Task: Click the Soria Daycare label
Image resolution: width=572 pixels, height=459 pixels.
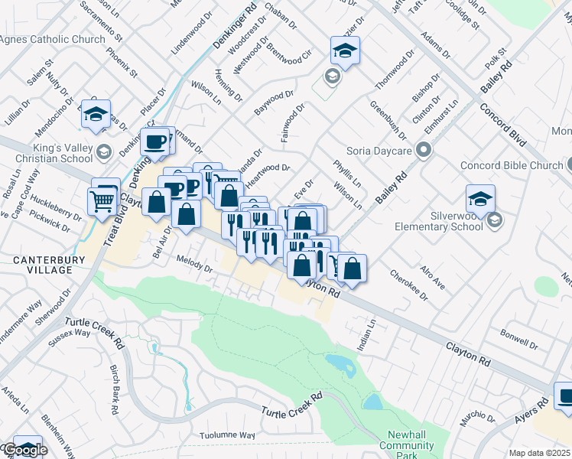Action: (x=379, y=151)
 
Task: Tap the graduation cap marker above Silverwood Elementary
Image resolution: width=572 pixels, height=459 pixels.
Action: (x=480, y=199)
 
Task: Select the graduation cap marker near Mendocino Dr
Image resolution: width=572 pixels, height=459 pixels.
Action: (x=96, y=114)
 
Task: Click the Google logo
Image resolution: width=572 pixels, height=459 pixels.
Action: (x=25, y=451)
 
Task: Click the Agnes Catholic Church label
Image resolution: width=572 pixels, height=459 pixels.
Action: (x=53, y=39)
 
